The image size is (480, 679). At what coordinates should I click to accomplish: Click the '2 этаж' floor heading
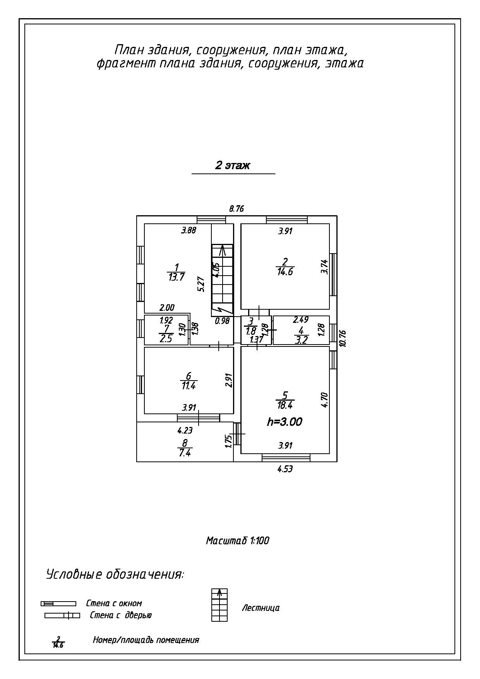click(233, 166)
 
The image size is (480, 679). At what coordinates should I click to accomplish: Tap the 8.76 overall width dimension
click(237, 209)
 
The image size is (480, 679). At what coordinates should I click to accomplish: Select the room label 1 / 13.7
click(176, 272)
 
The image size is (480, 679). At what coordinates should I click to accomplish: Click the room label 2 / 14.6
click(285, 267)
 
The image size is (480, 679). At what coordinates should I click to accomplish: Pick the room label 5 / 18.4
click(285, 400)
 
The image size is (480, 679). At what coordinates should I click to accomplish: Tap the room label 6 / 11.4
click(189, 381)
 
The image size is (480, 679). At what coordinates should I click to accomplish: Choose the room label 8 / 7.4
click(185, 448)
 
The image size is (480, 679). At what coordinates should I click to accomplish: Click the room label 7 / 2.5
click(166, 334)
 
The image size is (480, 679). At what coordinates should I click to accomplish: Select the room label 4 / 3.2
click(301, 335)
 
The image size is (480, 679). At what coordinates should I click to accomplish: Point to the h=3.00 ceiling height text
click(285, 422)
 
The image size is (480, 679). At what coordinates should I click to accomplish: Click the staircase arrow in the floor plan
click(222, 250)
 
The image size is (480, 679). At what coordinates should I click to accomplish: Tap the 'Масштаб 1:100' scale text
click(237, 540)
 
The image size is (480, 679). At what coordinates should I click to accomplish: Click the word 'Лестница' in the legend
click(261, 608)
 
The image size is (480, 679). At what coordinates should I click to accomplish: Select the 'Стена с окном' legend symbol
click(58, 604)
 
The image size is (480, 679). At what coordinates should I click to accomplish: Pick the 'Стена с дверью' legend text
click(121, 615)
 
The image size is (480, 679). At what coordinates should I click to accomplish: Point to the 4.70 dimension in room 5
click(325, 400)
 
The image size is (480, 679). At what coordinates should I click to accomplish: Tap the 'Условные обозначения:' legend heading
click(115, 574)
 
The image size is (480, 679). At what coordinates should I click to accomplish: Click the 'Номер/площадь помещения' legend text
click(146, 640)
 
